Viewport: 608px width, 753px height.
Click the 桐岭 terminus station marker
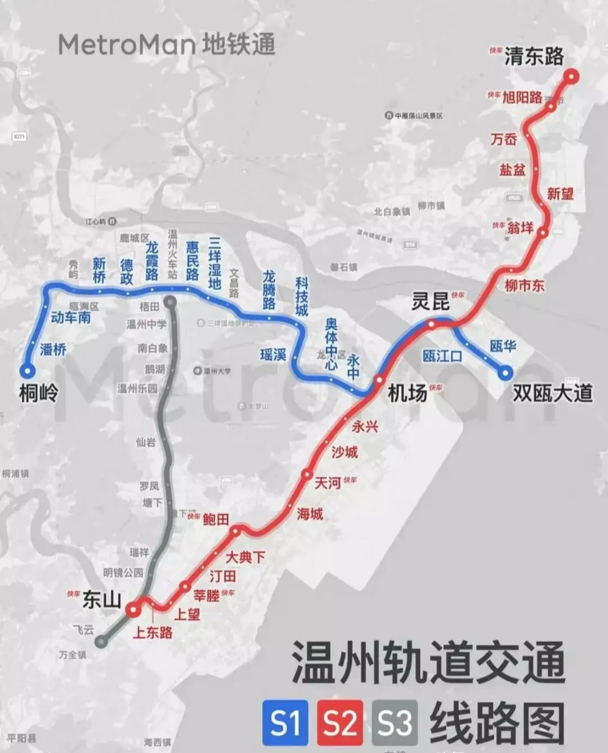pos(27,371)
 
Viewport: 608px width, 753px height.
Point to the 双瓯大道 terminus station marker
pos(506,372)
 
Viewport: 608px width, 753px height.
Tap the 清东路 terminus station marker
pos(572,77)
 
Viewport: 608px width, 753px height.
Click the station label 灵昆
pos(431,301)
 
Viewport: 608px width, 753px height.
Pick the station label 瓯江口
pos(442,356)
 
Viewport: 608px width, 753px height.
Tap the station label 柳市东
pos(525,286)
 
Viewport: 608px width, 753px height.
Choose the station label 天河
pos(328,483)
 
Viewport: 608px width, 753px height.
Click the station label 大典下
pos(245,558)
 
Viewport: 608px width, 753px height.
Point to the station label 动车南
pos(70,318)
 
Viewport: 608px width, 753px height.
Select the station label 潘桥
pos(53,350)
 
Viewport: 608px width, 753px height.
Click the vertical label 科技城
pos(302,296)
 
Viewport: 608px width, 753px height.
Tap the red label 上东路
pos(153,632)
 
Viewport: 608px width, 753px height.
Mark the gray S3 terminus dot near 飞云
pos(101,641)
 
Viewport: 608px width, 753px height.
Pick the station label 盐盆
pos(512,169)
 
